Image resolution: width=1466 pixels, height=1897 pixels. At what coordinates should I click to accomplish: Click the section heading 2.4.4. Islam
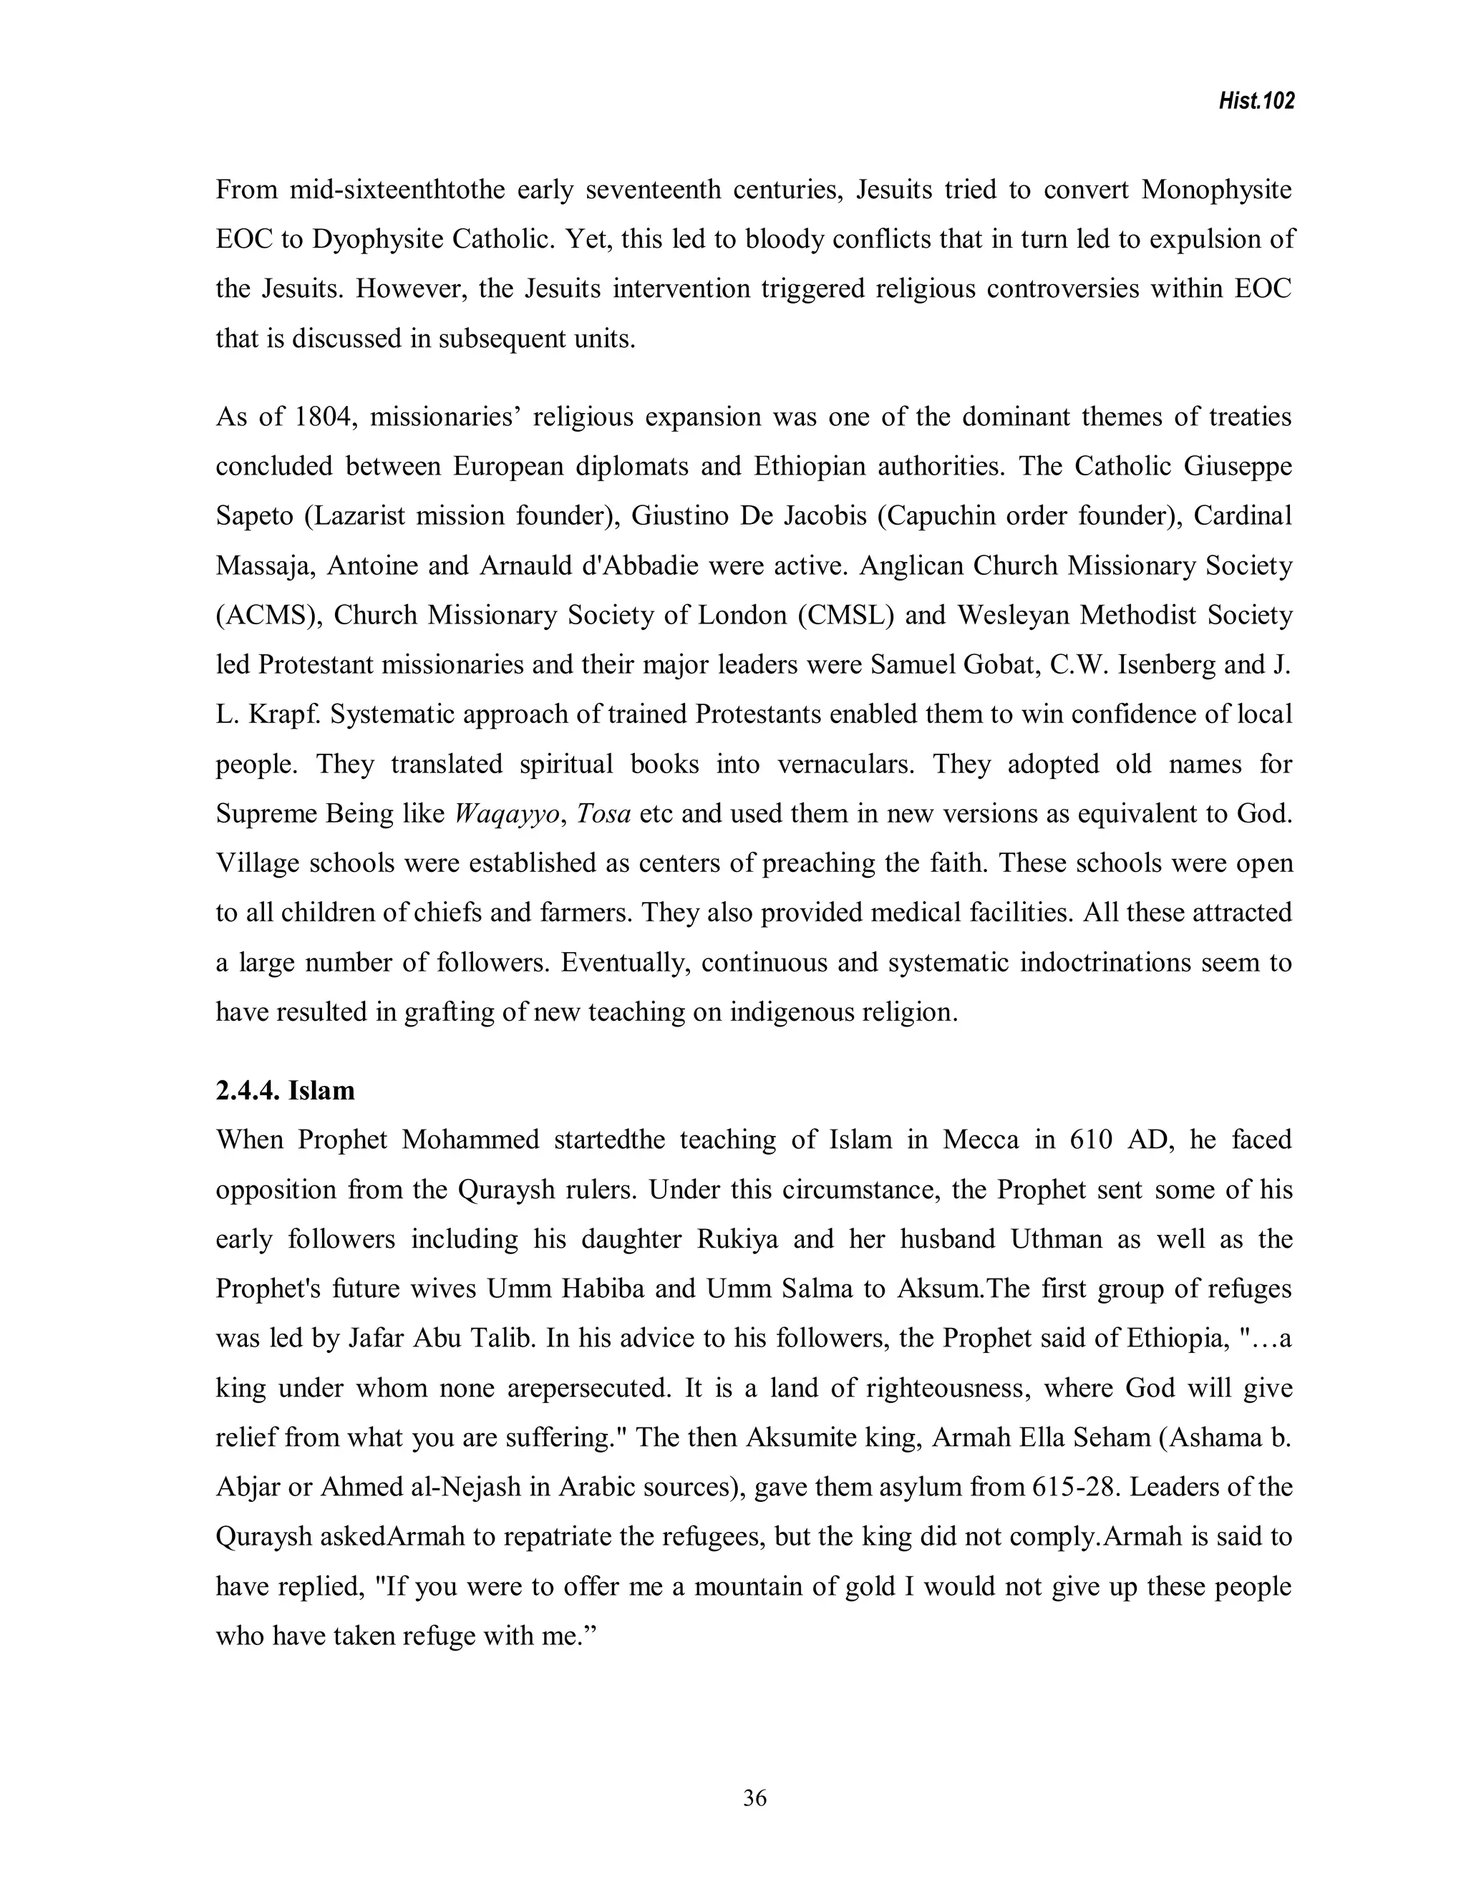tap(285, 1090)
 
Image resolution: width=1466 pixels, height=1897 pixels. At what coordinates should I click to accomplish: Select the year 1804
tap(322, 417)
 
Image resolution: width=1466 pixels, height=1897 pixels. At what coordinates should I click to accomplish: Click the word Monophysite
tap(1216, 190)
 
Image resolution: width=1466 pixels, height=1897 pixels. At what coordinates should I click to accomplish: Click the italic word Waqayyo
tap(508, 814)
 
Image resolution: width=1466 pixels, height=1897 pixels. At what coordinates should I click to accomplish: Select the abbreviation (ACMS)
tap(268, 616)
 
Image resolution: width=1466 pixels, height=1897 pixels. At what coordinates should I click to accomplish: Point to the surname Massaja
tap(264, 566)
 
